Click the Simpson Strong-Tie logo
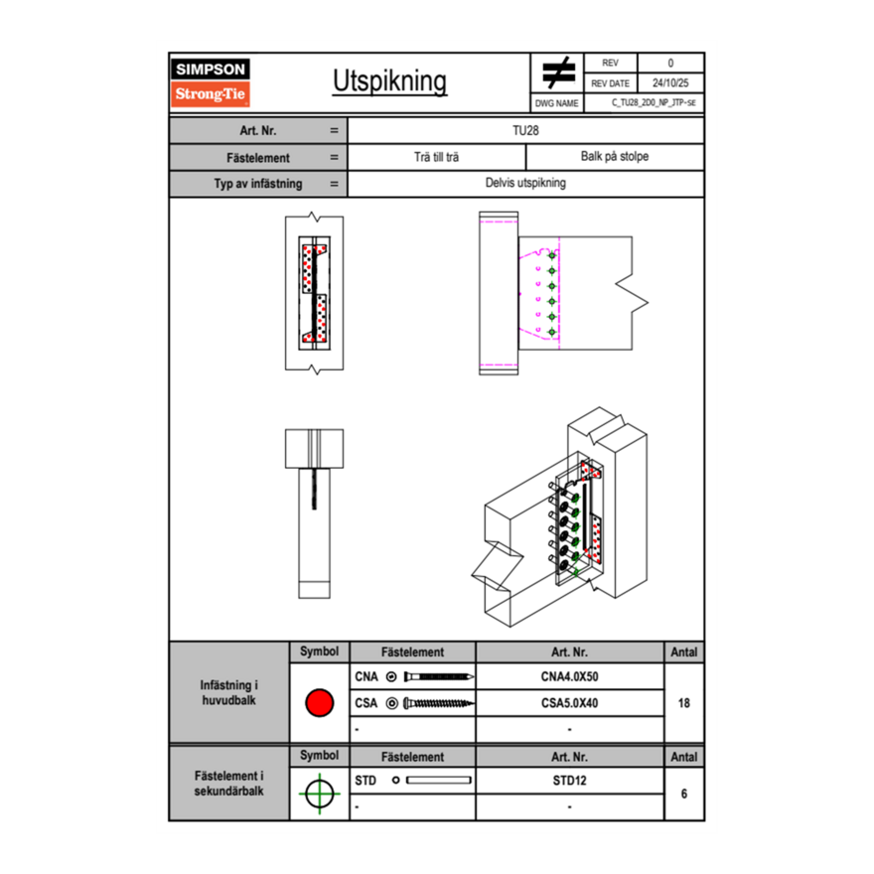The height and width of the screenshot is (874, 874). (212, 82)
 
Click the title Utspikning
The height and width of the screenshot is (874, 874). (389, 81)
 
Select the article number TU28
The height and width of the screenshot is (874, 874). (525, 129)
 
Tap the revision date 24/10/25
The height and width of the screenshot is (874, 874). (669, 83)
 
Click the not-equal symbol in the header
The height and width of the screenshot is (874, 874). (559, 73)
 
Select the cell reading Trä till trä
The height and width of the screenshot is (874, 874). (436, 157)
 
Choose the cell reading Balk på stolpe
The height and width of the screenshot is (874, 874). (614, 157)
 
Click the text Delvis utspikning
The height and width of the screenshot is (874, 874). (525, 184)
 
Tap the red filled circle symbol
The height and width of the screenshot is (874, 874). (319, 703)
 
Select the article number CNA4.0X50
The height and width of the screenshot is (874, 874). (569, 677)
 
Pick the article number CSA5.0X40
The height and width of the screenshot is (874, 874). (569, 703)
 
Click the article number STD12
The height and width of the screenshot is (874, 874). (569, 781)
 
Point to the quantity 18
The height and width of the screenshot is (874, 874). (683, 703)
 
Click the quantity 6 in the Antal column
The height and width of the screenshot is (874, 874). (683, 794)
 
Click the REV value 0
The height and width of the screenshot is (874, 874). (669, 64)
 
